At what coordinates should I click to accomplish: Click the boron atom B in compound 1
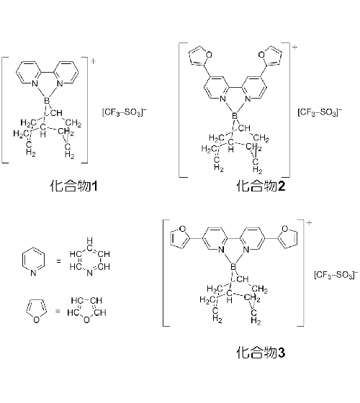tap(47, 101)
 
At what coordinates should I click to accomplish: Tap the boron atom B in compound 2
tap(235, 116)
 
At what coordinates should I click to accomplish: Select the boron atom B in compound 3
tap(233, 267)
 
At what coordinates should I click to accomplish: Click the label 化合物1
tap(73, 186)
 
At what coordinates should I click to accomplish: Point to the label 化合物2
tap(261, 186)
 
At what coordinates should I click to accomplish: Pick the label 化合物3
tap(261, 353)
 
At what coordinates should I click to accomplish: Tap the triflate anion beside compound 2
tap(320, 112)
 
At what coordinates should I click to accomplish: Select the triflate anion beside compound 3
tap(336, 275)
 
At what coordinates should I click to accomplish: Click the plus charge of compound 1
tap(93, 61)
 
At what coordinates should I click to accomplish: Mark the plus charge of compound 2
tap(294, 47)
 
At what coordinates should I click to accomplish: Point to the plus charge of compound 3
tap(309, 223)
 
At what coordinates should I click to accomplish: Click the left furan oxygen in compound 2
tap(209, 55)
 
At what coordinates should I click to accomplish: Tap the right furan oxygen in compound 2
tap(261, 55)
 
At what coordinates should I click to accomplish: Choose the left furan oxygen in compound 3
tap(183, 229)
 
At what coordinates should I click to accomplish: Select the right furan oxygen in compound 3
tap(285, 229)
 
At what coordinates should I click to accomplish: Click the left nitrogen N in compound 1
tap(35, 83)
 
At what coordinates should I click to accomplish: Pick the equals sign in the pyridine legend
tap(58, 261)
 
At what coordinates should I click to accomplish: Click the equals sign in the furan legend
tap(58, 311)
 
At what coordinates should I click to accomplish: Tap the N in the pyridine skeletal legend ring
tap(33, 273)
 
